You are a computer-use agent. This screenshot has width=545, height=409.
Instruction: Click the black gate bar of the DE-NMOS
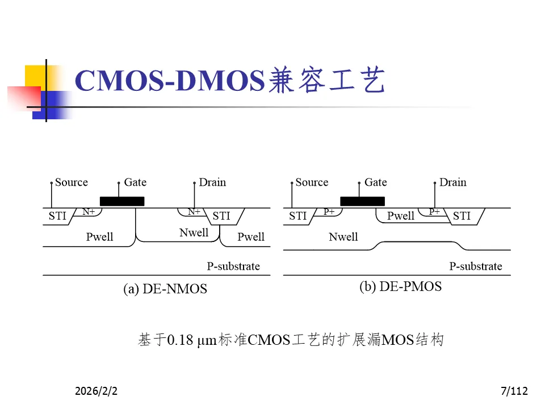(x=122, y=201)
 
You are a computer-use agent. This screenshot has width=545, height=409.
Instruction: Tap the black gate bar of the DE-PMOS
(x=362, y=201)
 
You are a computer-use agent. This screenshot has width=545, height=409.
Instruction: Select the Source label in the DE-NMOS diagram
(x=72, y=182)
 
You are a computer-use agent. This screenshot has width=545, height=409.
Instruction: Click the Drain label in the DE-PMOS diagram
(x=453, y=182)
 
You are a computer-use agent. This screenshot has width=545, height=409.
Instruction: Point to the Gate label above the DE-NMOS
(x=135, y=182)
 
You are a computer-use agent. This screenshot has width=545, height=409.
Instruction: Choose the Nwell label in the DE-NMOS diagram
(x=194, y=232)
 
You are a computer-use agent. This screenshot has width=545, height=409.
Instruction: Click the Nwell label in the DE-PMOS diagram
(x=343, y=237)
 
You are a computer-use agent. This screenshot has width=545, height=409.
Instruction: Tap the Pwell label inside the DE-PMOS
(x=401, y=216)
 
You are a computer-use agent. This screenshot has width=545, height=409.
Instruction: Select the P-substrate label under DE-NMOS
(x=233, y=266)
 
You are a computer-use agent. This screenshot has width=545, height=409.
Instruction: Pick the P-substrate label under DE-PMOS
(x=476, y=266)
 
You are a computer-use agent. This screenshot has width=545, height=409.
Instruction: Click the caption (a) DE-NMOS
(x=165, y=289)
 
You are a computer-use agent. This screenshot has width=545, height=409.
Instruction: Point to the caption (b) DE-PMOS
(x=400, y=286)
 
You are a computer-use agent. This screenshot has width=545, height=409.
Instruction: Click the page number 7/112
(x=515, y=391)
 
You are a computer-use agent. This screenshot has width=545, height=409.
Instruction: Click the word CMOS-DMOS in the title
(x=170, y=80)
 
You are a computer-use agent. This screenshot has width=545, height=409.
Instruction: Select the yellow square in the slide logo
(x=35, y=76)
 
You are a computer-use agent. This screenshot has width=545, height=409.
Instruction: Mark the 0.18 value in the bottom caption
(x=181, y=340)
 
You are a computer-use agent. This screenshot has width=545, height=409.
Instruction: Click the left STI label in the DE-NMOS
(x=57, y=216)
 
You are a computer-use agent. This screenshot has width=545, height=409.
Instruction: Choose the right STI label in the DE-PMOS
(x=462, y=216)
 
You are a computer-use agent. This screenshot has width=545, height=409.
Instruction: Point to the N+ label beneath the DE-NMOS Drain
(x=194, y=211)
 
